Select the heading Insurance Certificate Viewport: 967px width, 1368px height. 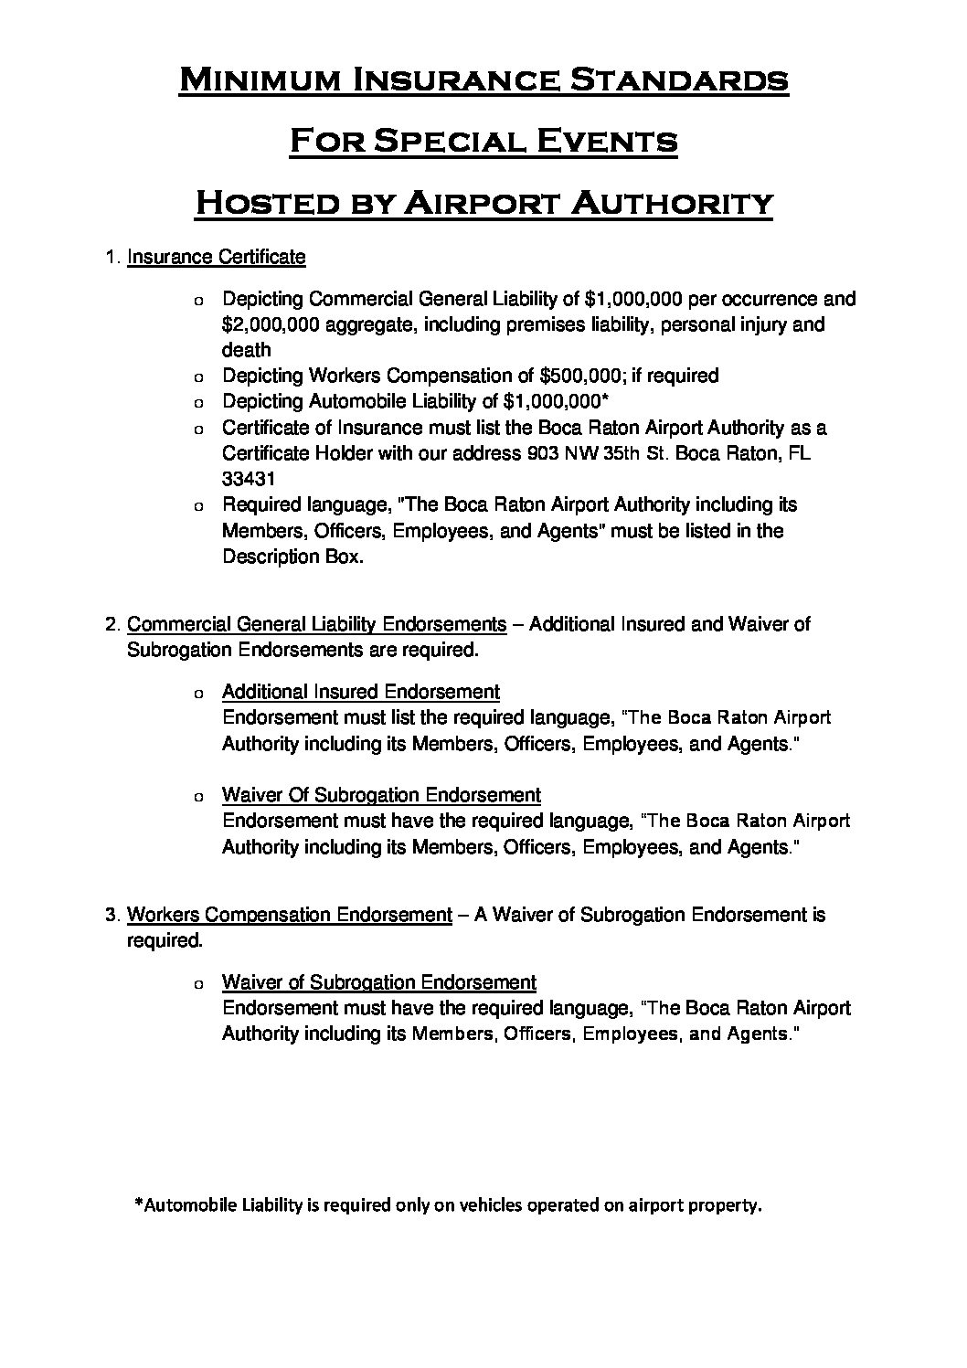tap(216, 257)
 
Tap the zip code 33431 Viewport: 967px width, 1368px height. tap(247, 479)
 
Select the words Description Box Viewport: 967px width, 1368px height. tap(292, 557)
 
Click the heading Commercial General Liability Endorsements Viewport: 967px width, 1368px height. tap(316, 624)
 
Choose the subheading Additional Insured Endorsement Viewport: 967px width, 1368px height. tap(360, 692)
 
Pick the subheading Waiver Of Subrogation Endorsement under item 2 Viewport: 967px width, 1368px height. tap(381, 795)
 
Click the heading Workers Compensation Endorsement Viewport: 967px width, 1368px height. tap(289, 915)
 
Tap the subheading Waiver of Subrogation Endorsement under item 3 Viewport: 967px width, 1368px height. tap(378, 982)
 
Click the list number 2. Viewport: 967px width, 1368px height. tap(112, 624)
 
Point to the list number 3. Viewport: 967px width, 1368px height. tap(112, 915)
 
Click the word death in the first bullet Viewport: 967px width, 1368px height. tap(246, 350)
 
